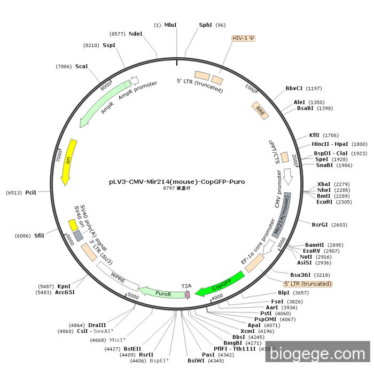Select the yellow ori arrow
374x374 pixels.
point(68,162)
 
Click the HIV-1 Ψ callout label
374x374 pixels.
point(243,38)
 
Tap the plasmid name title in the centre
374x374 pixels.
point(177,182)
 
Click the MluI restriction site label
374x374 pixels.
point(170,25)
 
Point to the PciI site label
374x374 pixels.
point(30,192)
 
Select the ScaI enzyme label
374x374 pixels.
point(81,67)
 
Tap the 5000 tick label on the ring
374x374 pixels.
point(133,296)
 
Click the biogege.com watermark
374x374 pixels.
point(317,354)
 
